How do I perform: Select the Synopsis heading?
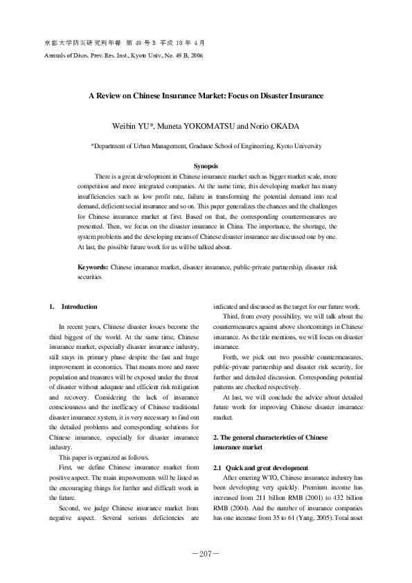(x=206, y=167)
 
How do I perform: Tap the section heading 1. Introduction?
(x=73, y=307)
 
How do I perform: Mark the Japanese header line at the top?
(x=124, y=42)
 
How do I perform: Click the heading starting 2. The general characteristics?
(x=269, y=438)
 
